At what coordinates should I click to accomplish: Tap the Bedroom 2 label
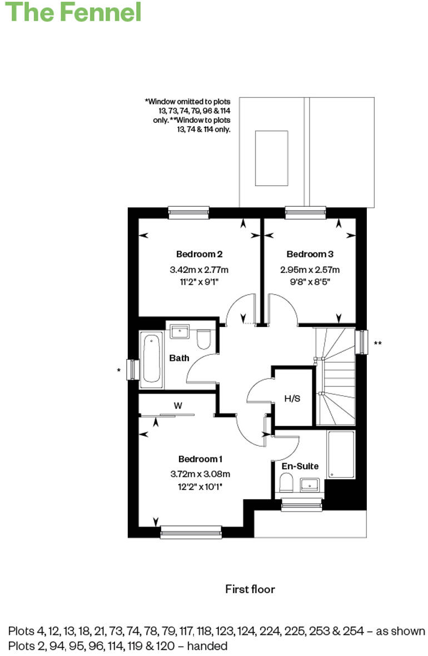[200, 254]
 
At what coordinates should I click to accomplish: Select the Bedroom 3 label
[310, 254]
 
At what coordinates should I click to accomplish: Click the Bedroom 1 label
[200, 459]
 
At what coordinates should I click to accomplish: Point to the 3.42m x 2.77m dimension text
[200, 270]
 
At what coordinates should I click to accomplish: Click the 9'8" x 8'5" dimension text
[310, 281]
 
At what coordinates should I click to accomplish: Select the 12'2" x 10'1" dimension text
[200, 486]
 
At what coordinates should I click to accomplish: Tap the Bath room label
[179, 358]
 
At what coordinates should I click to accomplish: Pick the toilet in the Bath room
[204, 339]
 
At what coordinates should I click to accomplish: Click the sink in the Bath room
[180, 332]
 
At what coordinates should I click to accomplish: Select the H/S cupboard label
[292, 398]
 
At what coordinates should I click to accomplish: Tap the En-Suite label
[300, 466]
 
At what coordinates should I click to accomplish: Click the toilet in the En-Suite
[287, 483]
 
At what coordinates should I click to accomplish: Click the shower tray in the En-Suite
[341, 454]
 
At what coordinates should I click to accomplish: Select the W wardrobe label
[178, 406]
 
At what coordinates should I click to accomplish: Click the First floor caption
[250, 589]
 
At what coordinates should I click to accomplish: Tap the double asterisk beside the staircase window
[378, 343]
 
